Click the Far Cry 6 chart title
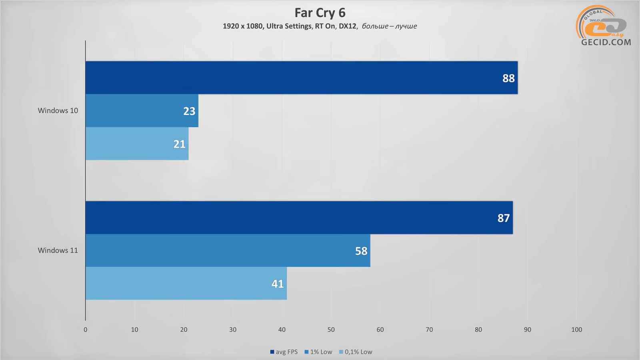coord(320,13)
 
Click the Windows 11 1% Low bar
coord(228,250)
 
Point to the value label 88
coord(508,78)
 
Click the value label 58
coord(361,251)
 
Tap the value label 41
coord(278,284)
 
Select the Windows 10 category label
coord(58,111)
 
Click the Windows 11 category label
coord(58,250)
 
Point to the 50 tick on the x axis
coord(331,330)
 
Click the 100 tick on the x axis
coord(576,330)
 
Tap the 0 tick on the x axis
coord(86,330)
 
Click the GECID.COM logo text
coord(606,42)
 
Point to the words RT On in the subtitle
coord(325,26)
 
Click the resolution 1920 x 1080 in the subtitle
coord(242,26)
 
